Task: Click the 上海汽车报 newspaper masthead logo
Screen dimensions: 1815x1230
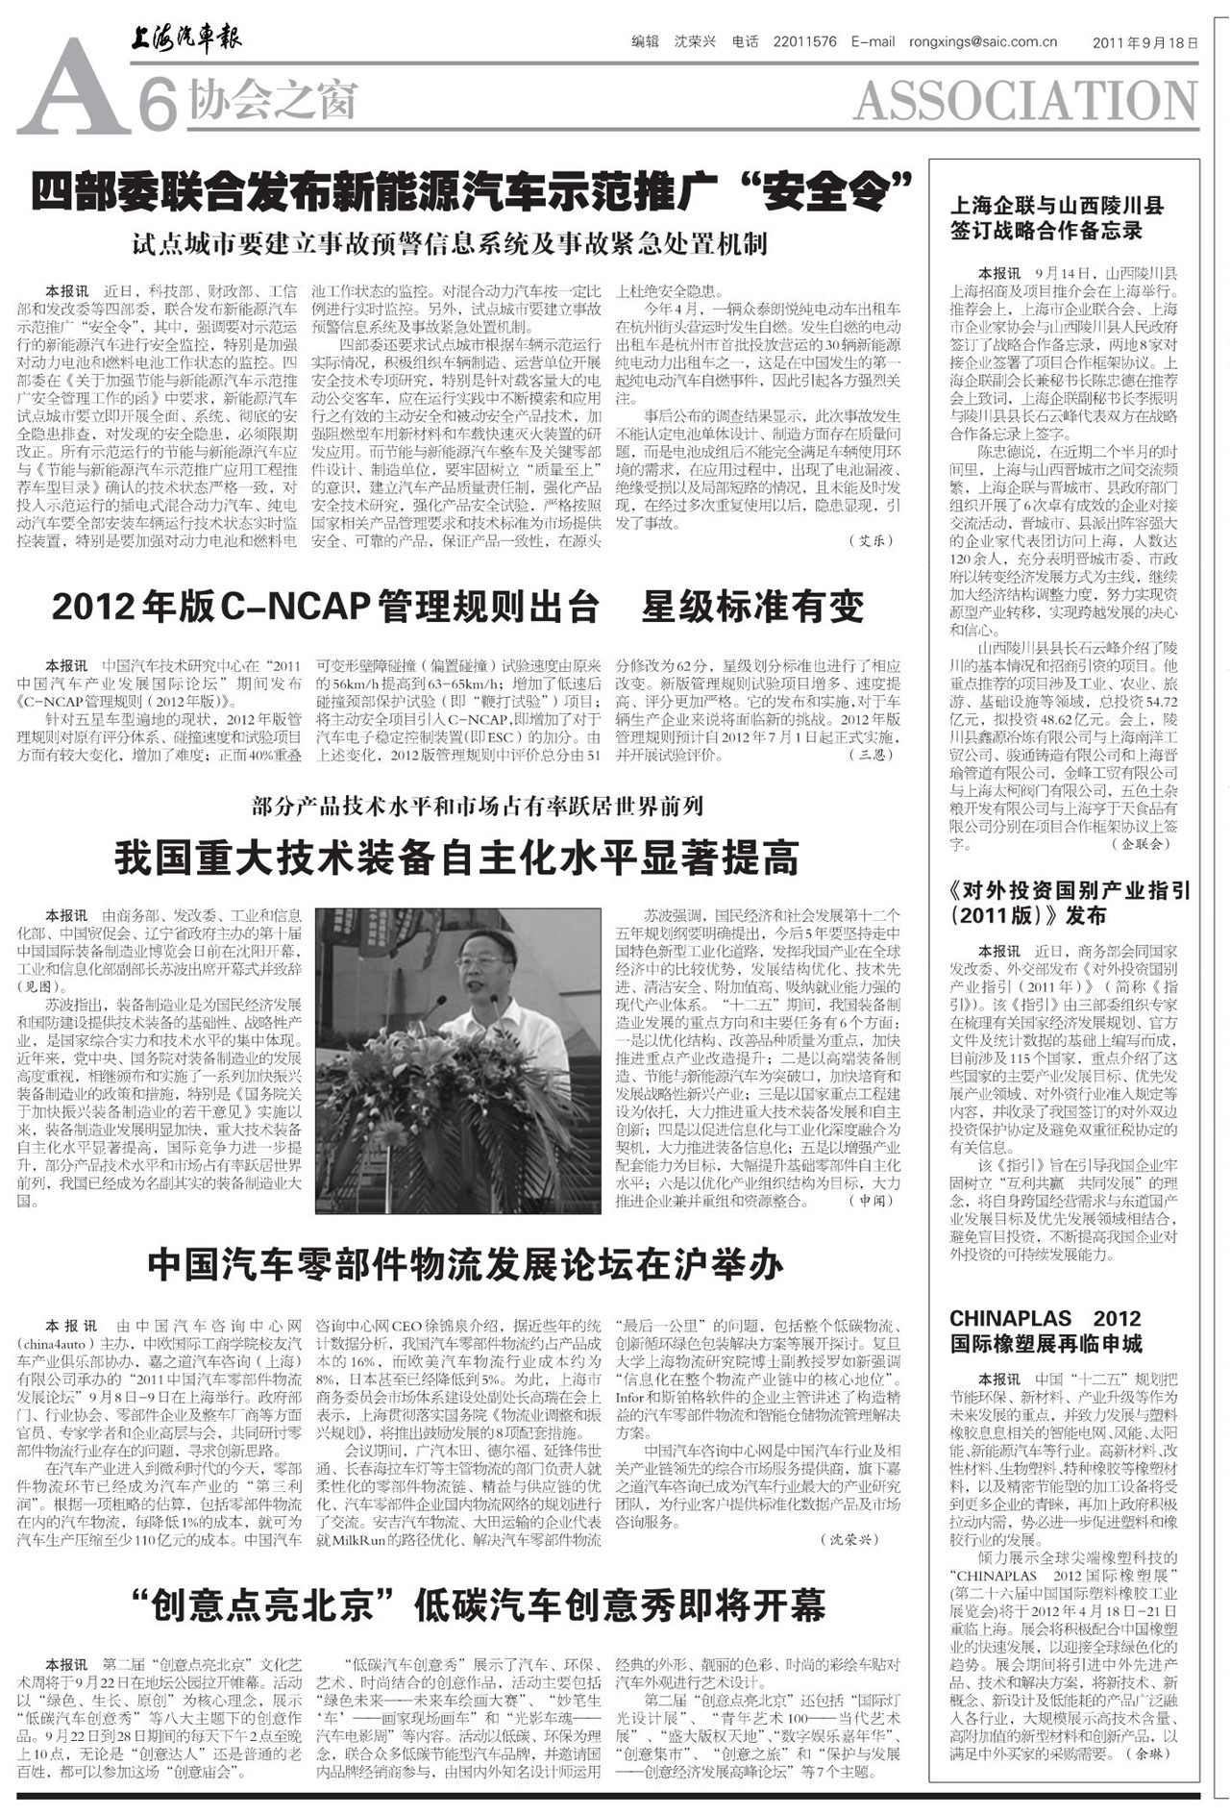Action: (186, 38)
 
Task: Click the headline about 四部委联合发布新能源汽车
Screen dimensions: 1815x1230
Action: (470, 191)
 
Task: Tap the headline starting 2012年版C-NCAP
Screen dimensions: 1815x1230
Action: (457, 607)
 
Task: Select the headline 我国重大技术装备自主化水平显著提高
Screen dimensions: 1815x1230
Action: (457, 858)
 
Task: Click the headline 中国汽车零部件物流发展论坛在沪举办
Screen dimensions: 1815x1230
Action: (465, 1266)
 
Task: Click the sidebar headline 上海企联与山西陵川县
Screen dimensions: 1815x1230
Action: (1056, 217)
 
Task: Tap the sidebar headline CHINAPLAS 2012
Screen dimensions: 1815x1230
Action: (1045, 1330)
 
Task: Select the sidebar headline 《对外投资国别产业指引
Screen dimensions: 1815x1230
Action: (1070, 903)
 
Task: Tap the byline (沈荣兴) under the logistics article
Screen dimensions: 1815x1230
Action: (850, 1539)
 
